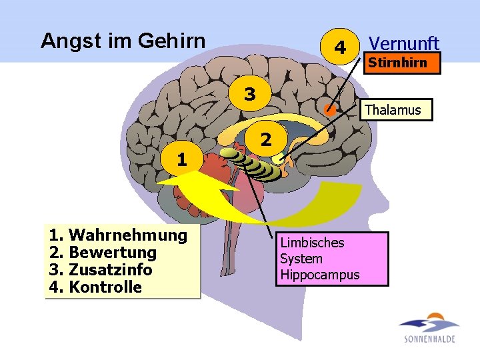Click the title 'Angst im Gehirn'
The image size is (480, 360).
coord(123,41)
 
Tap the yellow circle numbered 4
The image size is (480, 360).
coord(340,47)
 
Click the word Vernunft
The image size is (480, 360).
coord(404,44)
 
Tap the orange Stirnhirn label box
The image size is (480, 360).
coord(397,63)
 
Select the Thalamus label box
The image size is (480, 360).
coord(393,110)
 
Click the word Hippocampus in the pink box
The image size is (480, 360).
coord(319,275)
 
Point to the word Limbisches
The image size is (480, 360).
coord(312,243)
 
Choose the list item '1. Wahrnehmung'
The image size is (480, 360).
coord(118,235)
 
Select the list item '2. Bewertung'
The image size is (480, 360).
coord(103,253)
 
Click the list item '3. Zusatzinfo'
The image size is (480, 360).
coord(100,270)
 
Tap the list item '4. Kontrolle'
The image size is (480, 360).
coord(95,287)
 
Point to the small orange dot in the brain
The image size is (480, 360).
coord(329,110)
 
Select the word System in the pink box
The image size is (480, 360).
coord(301,259)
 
